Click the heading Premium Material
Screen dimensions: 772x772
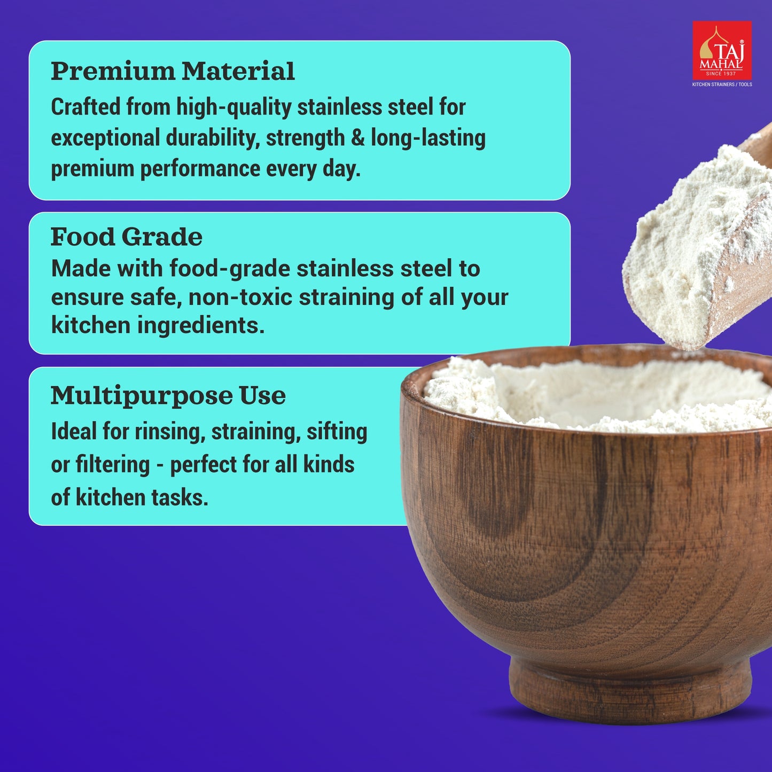(x=173, y=71)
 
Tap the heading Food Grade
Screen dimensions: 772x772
(x=127, y=237)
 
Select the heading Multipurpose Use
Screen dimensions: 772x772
(x=168, y=396)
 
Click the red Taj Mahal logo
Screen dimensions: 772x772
(x=722, y=50)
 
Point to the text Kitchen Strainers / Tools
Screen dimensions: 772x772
(x=722, y=84)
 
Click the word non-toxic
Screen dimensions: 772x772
(x=240, y=297)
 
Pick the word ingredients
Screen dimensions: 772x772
(x=201, y=325)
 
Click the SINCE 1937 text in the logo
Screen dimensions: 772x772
(x=721, y=74)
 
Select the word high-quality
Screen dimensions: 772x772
(x=234, y=108)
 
